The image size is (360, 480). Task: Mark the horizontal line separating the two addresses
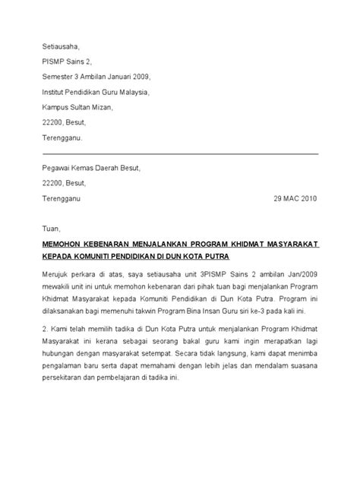(179, 153)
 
